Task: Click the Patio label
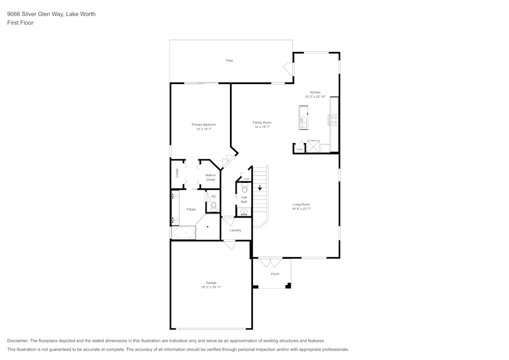(x=230, y=61)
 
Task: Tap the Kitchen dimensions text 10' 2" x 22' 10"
(x=315, y=96)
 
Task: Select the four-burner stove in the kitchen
(x=334, y=120)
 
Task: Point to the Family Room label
(x=262, y=122)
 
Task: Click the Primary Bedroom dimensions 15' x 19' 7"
(x=204, y=129)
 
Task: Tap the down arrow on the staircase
(x=260, y=188)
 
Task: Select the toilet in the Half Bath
(x=244, y=189)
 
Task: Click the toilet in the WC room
(x=214, y=206)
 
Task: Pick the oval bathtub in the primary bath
(x=183, y=233)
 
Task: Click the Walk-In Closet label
(x=210, y=177)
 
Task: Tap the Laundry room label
(x=235, y=230)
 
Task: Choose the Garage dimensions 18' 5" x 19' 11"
(x=211, y=287)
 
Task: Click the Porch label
(x=275, y=274)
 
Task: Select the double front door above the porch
(x=270, y=262)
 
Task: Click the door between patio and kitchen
(x=289, y=68)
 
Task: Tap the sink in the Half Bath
(x=244, y=211)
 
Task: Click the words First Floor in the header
(x=20, y=23)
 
